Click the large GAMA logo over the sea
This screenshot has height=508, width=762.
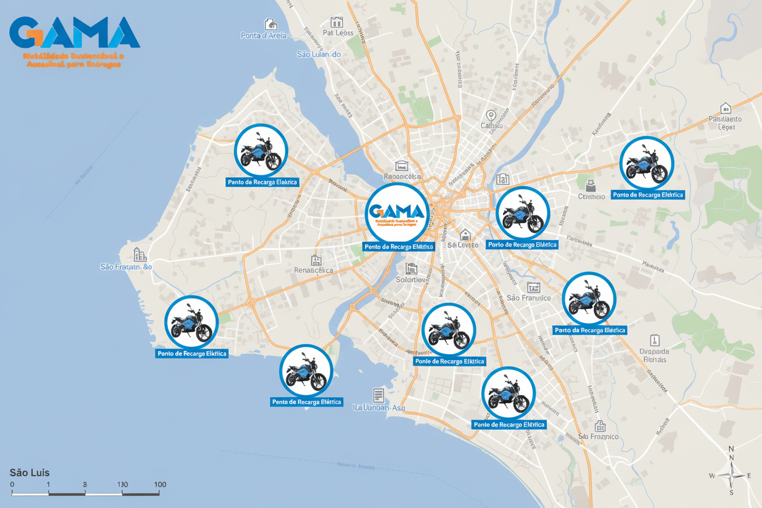[x=75, y=33]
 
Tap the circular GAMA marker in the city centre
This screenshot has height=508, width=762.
[x=396, y=212]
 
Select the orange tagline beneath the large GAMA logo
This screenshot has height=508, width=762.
[x=73, y=60]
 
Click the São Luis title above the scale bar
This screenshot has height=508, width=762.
[x=29, y=473]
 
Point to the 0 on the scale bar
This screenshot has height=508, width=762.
[x=12, y=484]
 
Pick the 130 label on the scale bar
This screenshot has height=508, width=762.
[x=122, y=484]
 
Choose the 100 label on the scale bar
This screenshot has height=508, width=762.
[x=159, y=484]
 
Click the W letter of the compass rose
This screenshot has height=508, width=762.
[x=712, y=476]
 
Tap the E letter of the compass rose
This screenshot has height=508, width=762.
[x=749, y=476]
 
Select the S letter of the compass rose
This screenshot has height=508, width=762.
[x=731, y=492]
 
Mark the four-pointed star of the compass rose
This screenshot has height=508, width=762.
[x=731, y=475]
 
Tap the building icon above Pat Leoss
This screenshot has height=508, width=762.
[x=335, y=21]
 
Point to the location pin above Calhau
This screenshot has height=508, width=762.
[x=490, y=115]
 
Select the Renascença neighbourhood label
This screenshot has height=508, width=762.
[x=313, y=270]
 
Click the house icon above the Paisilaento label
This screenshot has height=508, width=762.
[x=725, y=107]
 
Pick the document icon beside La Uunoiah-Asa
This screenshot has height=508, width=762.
[x=378, y=395]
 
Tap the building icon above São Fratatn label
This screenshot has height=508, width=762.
[x=139, y=255]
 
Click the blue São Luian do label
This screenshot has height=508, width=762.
[x=318, y=54]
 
